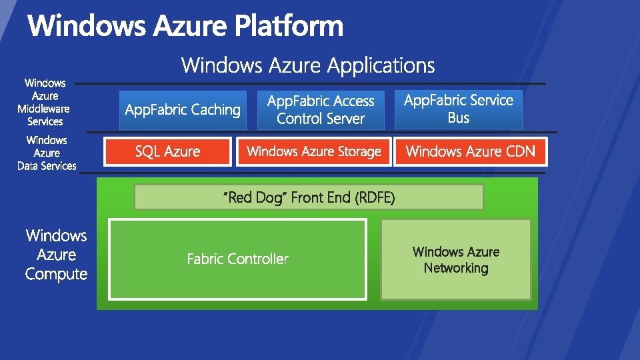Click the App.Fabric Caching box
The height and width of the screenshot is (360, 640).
pos(183,110)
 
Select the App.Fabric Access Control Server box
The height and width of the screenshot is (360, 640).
pos(321,110)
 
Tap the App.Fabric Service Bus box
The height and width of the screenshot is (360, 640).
pos(459,109)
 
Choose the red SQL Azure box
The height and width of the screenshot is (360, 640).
pos(167,151)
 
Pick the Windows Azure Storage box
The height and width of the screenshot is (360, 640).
pos(313,151)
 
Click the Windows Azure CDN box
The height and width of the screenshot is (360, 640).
pos(470,151)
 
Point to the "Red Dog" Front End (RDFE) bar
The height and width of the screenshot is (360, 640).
pos(309,197)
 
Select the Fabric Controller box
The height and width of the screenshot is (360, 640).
pos(237,259)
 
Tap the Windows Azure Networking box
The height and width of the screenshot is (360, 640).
pos(456,259)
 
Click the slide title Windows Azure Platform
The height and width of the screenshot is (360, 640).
pos(185,27)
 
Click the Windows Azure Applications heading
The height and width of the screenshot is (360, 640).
pos(308,65)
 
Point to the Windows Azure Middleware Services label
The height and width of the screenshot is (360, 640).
pos(45,102)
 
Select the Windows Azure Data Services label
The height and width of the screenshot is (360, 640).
pos(47,153)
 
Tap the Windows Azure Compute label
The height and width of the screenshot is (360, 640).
pos(56,255)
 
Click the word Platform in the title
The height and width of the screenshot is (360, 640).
pos(289,27)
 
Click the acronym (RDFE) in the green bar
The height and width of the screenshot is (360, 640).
pos(375,197)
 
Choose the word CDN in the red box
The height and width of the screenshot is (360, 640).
pos(520,151)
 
